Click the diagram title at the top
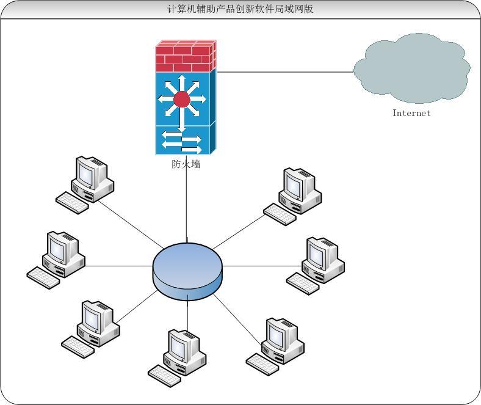tap(240, 9)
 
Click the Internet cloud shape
tap(411, 69)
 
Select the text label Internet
tap(411, 113)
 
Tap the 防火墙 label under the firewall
tap(186, 164)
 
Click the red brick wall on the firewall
tap(186, 56)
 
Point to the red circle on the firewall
tap(182, 99)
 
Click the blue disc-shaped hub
tap(187, 271)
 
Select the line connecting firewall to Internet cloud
tap(285, 72)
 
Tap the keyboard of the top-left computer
tap(72, 203)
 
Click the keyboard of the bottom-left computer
tap(78, 347)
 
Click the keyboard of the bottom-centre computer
tap(164, 376)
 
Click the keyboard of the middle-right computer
tap(303, 283)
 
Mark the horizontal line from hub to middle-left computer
tap(118, 266)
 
